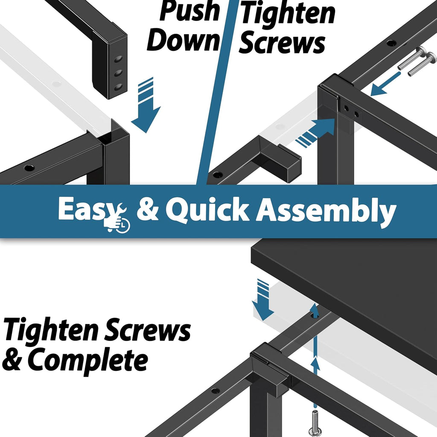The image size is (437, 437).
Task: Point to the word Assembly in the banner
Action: click(326, 211)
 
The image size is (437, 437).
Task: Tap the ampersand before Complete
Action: click(12, 359)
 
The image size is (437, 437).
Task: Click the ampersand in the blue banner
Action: click(148, 208)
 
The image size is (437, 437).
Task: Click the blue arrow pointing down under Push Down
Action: click(146, 106)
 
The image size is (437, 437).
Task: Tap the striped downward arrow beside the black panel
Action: click(263, 300)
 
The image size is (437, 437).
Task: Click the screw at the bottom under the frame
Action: click(315, 424)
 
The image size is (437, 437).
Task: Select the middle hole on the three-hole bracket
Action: click(118, 73)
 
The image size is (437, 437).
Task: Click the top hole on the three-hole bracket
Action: click(118, 59)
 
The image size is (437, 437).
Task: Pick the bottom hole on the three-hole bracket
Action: click(118, 87)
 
